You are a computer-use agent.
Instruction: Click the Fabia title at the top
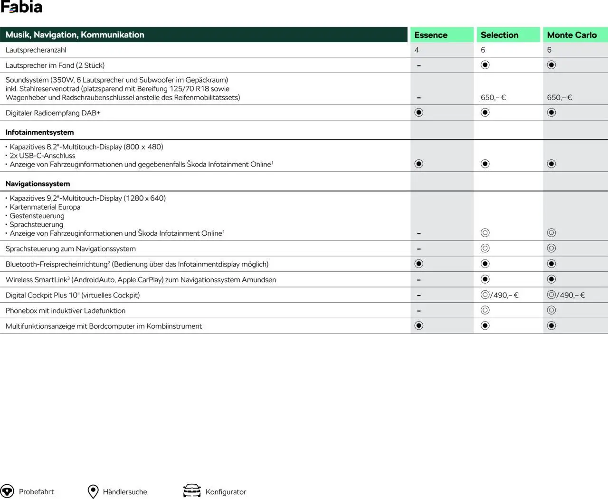pyautogui.click(x=21, y=7)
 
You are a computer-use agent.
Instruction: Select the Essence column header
pyautogui.click(x=431, y=35)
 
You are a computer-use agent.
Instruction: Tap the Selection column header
pyautogui.click(x=499, y=35)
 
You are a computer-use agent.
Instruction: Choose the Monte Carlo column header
pyautogui.click(x=571, y=35)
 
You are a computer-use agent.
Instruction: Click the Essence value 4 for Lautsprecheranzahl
pyautogui.click(x=417, y=50)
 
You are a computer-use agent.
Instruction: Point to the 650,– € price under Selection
pyautogui.click(x=493, y=98)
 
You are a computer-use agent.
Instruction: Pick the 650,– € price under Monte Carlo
pyautogui.click(x=560, y=98)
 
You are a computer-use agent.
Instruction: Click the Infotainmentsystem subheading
pyautogui.click(x=39, y=132)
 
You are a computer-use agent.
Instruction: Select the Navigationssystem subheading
pyautogui.click(x=38, y=184)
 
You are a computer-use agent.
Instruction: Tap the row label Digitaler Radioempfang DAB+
pyautogui.click(x=53, y=113)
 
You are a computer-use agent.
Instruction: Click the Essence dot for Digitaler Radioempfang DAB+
pyautogui.click(x=418, y=112)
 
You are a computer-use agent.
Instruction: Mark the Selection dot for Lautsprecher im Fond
pyautogui.click(x=485, y=65)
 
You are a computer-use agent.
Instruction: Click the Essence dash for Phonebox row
pyautogui.click(x=418, y=311)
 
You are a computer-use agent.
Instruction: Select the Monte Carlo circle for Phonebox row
pyautogui.click(x=551, y=310)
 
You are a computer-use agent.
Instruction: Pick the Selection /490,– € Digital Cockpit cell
pyautogui.click(x=500, y=295)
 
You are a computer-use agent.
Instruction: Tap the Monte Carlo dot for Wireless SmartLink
pyautogui.click(x=551, y=279)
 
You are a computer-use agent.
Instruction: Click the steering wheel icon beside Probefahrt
pyautogui.click(x=7, y=491)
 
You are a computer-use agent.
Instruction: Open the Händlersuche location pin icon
pyautogui.click(x=93, y=491)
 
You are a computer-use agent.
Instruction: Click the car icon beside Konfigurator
pyautogui.click(x=192, y=491)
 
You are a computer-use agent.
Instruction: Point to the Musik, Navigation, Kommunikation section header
pyautogui.click(x=75, y=35)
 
